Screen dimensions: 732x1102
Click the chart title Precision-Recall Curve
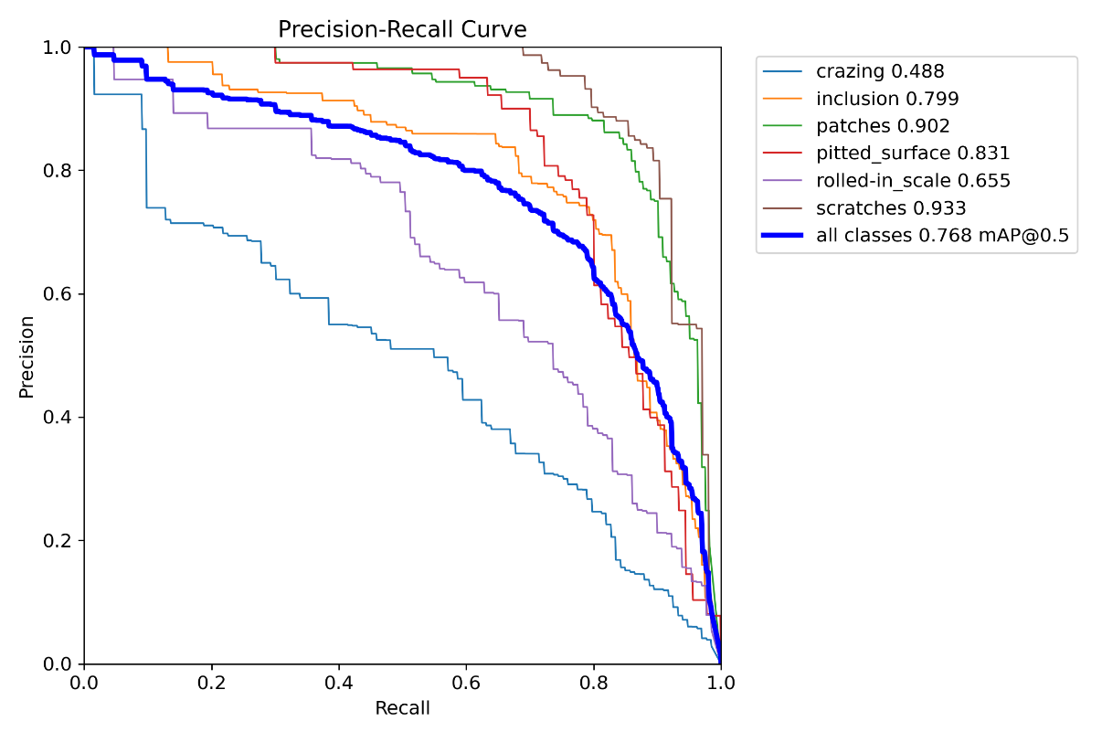(402, 29)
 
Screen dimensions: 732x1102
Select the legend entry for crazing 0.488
(880, 71)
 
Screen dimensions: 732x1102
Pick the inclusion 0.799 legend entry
(887, 99)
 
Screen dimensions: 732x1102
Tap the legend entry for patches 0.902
(883, 126)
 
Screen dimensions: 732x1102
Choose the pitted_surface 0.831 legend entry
(913, 154)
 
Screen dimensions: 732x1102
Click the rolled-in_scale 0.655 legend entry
(913, 181)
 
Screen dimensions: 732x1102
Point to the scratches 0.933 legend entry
(891, 208)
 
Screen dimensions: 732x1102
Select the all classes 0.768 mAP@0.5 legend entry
(942, 236)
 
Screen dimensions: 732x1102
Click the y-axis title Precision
(27, 356)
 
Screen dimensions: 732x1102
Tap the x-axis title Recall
(402, 708)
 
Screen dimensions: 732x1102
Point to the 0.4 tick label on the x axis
(339, 683)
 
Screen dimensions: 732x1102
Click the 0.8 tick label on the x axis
(594, 683)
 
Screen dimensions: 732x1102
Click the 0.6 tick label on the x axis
(466, 683)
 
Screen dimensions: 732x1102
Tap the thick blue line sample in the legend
(784, 236)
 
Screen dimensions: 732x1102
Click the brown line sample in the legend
(784, 208)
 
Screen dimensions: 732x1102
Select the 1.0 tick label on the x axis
(721, 683)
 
